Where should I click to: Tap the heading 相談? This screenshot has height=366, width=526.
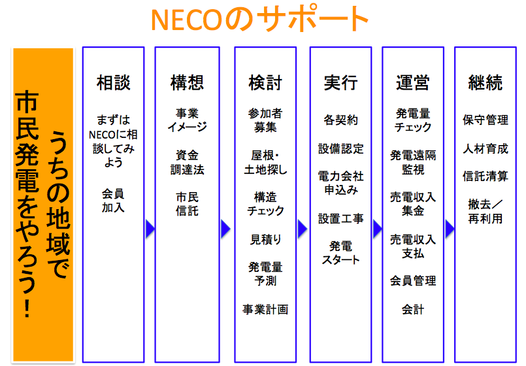click(114, 82)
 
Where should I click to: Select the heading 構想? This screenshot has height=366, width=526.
click(187, 82)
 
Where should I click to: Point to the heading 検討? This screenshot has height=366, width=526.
click(265, 82)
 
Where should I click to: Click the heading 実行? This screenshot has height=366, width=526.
click(341, 82)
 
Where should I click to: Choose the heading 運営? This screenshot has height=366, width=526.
click(413, 82)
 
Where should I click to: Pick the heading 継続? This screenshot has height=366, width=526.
click(485, 82)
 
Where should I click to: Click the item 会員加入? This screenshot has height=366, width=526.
click(114, 201)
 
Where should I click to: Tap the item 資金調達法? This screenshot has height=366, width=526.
click(187, 162)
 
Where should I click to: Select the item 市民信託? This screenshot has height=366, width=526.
click(187, 204)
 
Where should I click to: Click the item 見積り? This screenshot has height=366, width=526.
click(265, 239)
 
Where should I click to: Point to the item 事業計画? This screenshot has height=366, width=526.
click(265, 309)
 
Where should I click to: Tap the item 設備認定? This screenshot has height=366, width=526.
click(341, 148)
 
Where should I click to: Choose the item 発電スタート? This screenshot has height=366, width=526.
click(341, 253)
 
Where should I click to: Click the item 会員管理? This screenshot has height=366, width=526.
click(413, 280)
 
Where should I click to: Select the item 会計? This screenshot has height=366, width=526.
click(413, 309)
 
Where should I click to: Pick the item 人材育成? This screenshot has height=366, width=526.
click(485, 148)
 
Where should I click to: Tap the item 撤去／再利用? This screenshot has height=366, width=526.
click(485, 211)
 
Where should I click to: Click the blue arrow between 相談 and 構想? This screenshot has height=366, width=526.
click(150, 229)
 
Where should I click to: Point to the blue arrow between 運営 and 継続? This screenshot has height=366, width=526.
click(450, 229)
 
